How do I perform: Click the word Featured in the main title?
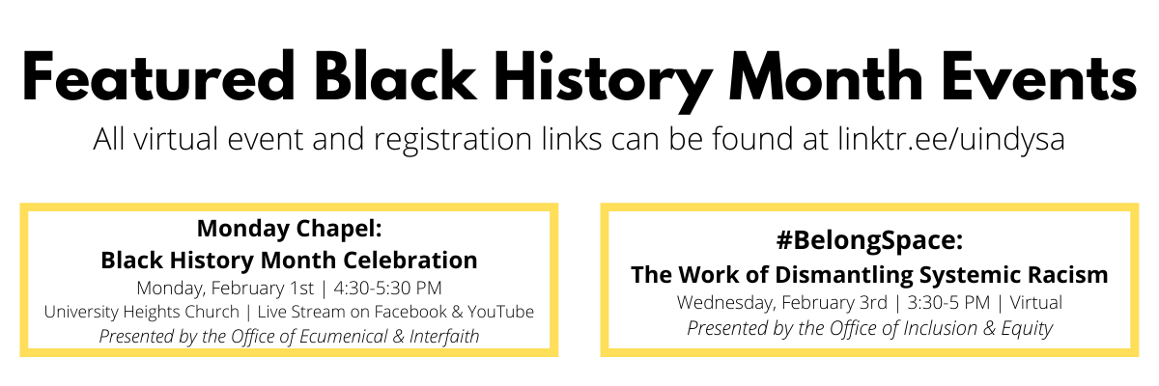158,75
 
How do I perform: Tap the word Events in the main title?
1039,76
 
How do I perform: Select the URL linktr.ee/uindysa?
951,139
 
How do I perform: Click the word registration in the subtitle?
453,140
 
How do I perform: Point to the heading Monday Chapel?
289,229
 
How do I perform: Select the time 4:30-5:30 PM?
387,288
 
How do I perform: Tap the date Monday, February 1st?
225,289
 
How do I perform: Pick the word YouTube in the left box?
501,312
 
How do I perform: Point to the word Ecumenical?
344,337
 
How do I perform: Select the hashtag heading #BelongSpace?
870,241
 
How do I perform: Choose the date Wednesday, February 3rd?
781,303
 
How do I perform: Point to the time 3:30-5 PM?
948,302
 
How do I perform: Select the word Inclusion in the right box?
940,328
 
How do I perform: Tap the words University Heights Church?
142,312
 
